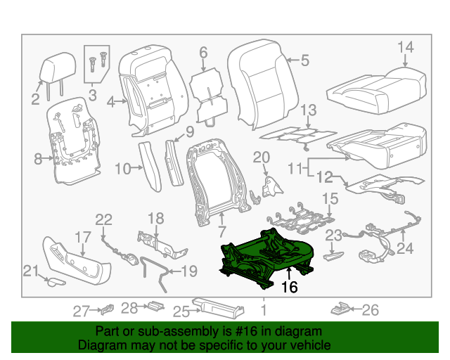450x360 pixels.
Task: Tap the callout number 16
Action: (290, 287)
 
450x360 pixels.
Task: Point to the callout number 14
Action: (406, 47)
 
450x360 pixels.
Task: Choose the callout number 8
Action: (39, 160)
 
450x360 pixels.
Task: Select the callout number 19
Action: (190, 271)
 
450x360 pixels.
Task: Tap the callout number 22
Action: (103, 219)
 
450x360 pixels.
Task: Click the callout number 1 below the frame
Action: (263, 309)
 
